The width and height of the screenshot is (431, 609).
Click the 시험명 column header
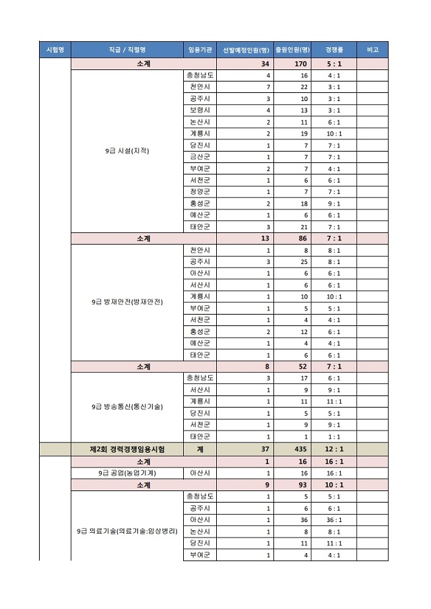[55, 50]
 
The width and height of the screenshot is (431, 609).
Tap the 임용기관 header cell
[199, 50]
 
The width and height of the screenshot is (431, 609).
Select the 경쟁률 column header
[334, 50]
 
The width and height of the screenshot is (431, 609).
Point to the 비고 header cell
[372, 50]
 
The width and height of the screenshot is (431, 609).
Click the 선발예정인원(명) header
[246, 50]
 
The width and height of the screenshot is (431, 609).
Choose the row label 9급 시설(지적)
[127, 151]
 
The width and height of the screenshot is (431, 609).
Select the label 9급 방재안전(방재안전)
[127, 302]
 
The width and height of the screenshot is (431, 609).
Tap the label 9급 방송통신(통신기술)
[127, 407]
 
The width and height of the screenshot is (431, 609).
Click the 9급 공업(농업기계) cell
[127, 473]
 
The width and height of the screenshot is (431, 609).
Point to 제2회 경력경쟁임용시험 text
[127, 449]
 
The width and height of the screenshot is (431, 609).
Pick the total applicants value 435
[300, 449]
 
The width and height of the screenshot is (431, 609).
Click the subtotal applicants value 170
[300, 64]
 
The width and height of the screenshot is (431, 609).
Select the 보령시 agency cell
[199, 110]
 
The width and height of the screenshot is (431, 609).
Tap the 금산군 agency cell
[199, 157]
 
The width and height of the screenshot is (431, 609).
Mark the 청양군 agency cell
[199, 192]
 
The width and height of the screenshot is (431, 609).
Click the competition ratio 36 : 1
[334, 519]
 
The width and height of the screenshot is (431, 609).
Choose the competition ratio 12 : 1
[334, 449]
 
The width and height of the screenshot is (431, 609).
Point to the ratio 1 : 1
[334, 436]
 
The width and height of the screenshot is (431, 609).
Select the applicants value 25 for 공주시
[304, 261]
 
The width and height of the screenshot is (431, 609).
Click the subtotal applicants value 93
[300, 484]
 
